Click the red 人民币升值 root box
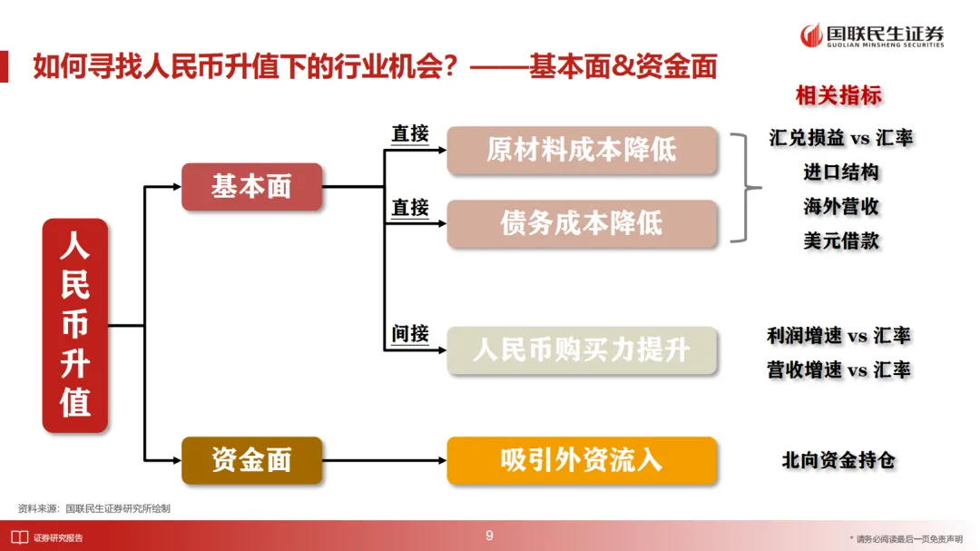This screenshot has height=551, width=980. click(x=75, y=325)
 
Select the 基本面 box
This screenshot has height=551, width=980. click(x=251, y=187)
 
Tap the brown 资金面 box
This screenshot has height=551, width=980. click(x=251, y=460)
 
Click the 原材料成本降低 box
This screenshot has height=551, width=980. click(x=582, y=151)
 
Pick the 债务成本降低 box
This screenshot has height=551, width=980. click(x=582, y=223)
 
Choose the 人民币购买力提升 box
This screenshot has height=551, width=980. click(x=582, y=350)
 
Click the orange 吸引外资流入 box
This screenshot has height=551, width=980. click(x=582, y=460)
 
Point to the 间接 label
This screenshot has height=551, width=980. click(x=410, y=334)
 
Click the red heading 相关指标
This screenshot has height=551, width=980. click(x=838, y=95)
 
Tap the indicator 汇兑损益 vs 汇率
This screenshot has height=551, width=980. click(x=840, y=138)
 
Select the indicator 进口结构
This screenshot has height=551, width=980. click(x=840, y=172)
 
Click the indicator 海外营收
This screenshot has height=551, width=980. click(x=840, y=207)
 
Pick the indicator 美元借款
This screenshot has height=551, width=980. click(x=840, y=241)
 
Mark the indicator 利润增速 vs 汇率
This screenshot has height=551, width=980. click(x=838, y=336)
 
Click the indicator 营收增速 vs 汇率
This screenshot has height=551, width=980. click(x=838, y=370)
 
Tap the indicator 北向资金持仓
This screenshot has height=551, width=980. click(x=838, y=460)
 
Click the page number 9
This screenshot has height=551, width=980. click(x=490, y=536)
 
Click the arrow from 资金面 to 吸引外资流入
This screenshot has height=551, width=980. click(x=385, y=460)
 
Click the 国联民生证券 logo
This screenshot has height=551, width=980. click(x=872, y=35)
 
